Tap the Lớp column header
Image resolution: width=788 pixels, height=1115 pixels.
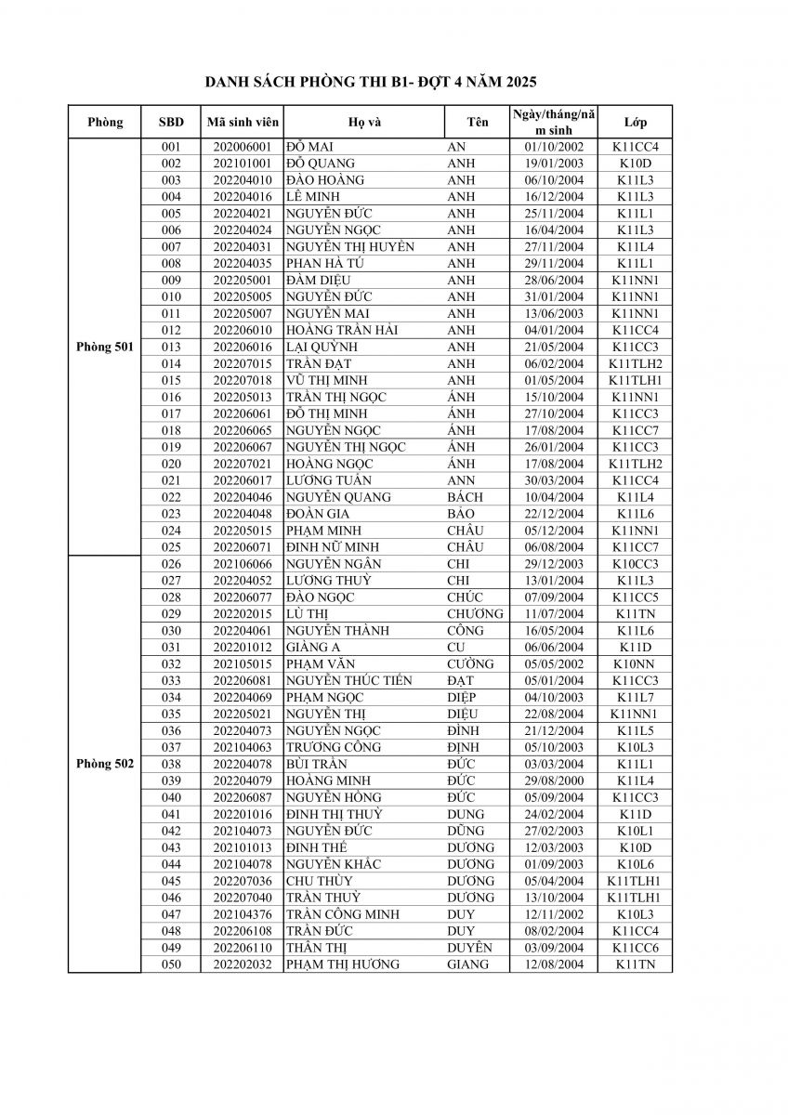[636, 123]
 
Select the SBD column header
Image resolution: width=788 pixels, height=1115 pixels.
[171, 123]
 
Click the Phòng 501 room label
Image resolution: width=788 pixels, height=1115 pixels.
[105, 347]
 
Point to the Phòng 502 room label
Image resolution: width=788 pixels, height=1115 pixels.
[105, 764]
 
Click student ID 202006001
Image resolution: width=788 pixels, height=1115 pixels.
[242, 147]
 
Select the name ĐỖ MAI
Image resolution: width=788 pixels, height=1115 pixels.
[310, 147]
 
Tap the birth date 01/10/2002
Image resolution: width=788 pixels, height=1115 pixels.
[554, 147]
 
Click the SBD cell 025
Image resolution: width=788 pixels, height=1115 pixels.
[171, 547]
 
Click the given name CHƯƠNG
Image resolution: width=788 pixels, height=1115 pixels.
[475, 614]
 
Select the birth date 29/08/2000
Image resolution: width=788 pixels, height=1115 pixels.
[554, 780]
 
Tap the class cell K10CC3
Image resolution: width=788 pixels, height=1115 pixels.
[636, 564]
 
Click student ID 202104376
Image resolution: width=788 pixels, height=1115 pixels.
[242, 914]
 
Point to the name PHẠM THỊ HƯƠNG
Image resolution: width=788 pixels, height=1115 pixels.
[343, 964]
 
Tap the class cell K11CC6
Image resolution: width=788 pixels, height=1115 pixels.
[636, 948]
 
